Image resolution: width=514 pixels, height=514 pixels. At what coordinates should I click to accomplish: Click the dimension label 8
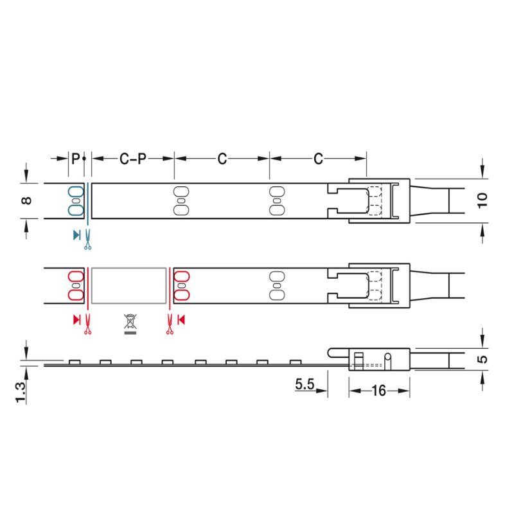(x=26, y=200)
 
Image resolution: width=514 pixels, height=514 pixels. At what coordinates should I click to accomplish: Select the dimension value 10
(x=483, y=200)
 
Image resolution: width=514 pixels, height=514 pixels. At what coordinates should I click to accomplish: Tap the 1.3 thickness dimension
(x=20, y=393)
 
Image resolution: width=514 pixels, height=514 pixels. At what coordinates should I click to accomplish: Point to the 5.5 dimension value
(x=305, y=384)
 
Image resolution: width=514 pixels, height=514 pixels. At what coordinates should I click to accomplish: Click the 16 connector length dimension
(x=378, y=391)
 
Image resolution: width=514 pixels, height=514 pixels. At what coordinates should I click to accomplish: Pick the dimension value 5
(x=483, y=359)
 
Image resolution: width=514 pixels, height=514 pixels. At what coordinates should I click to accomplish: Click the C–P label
(x=133, y=159)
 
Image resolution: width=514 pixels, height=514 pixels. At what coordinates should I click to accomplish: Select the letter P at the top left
(x=75, y=159)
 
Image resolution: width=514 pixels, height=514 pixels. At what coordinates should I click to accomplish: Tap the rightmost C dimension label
(x=318, y=159)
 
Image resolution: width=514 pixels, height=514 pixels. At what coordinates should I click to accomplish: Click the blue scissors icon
(x=87, y=239)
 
